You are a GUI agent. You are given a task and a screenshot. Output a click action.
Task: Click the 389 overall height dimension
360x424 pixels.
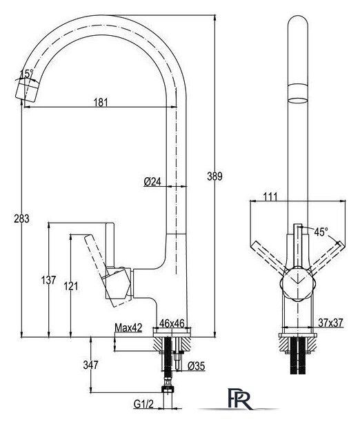tap(214, 176)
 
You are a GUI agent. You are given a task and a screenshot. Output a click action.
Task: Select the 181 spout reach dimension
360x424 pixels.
tap(101, 103)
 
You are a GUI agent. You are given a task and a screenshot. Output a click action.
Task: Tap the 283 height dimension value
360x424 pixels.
tap(21, 219)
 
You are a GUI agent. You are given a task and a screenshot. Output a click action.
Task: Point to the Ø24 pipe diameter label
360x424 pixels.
tap(152, 182)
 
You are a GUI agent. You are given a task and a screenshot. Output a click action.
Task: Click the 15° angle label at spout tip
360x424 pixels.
tap(26, 73)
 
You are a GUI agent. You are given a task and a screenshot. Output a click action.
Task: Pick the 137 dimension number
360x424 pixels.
tap(49, 280)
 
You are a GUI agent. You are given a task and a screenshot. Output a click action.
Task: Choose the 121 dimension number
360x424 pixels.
tap(71, 286)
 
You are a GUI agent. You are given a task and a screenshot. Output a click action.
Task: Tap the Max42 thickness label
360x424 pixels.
tap(128, 327)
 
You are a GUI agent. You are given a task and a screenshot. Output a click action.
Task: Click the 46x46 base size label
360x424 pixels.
tap(172, 323)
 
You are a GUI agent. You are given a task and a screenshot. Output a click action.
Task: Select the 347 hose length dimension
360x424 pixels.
tap(90, 365)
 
